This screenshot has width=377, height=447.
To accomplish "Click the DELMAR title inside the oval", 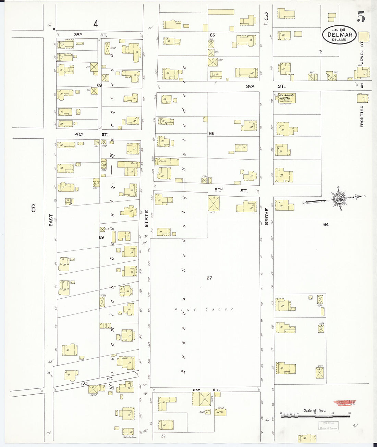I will (339, 35).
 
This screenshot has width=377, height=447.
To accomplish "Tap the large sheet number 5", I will (361, 17).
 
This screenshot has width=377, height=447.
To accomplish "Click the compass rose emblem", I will (340, 199).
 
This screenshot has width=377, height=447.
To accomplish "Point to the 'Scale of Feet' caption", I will (315, 410).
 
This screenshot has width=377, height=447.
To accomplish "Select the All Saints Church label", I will (287, 97).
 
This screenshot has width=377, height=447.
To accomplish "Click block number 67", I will (209, 278).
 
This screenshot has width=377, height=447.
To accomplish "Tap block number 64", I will (326, 224).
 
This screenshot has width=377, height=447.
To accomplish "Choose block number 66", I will (211, 133).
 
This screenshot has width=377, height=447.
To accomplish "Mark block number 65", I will (212, 35).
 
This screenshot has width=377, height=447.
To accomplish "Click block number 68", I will (99, 85).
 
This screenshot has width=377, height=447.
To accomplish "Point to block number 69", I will (101, 237).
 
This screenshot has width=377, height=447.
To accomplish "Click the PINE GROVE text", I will (204, 309).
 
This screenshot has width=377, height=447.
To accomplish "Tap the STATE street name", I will (146, 219).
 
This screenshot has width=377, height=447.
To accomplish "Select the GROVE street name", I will (266, 216).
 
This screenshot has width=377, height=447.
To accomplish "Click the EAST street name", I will (51, 220).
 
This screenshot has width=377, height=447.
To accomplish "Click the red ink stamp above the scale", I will (344, 404).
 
